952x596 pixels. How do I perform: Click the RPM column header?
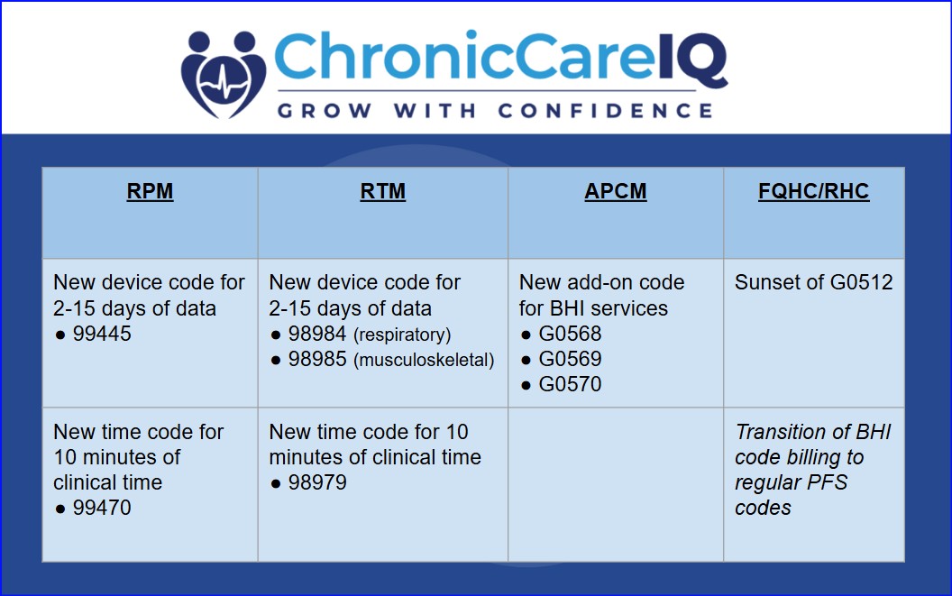tap(150, 192)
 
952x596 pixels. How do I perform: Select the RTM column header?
tap(382, 192)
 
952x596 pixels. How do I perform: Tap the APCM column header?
tap(616, 192)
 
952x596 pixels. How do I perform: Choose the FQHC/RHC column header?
tap(813, 192)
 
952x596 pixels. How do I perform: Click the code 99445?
tap(102, 334)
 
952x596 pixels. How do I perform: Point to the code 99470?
tap(102, 508)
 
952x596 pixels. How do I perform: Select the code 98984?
tap(317, 335)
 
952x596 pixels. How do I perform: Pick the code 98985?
tap(317, 360)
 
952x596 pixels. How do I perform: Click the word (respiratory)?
tap(402, 335)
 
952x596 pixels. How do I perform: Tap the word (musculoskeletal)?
tap(424, 361)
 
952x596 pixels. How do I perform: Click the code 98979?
tap(317, 482)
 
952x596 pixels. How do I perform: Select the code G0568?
tap(570, 334)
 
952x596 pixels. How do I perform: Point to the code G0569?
tap(570, 359)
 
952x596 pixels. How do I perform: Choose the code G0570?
tap(570, 384)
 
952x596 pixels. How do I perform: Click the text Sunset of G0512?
tap(813, 282)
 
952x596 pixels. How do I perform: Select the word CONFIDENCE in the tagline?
tap(605, 111)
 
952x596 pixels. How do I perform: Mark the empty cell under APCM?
tap(616, 484)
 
